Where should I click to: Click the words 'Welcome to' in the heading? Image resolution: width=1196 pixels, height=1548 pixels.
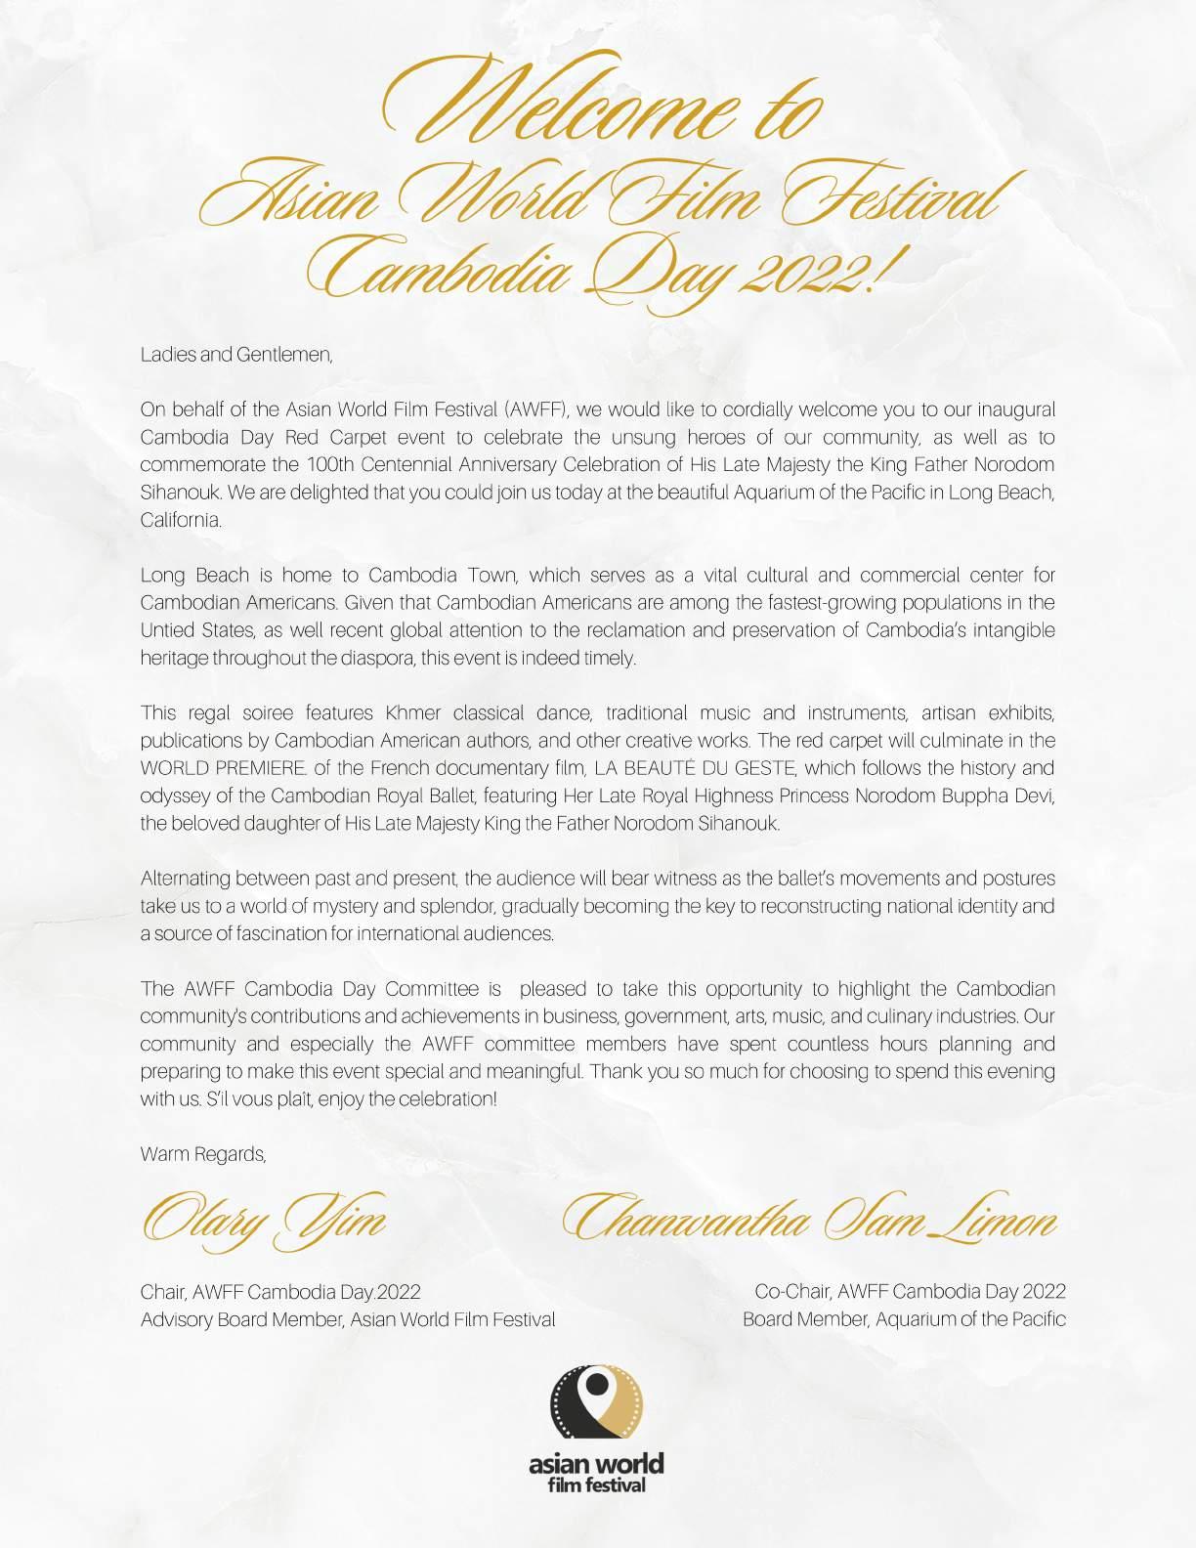[598, 112]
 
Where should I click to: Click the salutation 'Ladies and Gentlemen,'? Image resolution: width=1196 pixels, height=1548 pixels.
[236, 355]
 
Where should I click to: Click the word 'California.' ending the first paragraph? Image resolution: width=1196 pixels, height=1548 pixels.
[181, 520]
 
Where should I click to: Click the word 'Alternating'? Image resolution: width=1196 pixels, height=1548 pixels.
[185, 879]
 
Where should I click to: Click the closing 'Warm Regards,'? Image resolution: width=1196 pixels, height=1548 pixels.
[203, 1154]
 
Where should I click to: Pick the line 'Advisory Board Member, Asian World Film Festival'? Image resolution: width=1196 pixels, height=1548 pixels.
[348, 1319]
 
